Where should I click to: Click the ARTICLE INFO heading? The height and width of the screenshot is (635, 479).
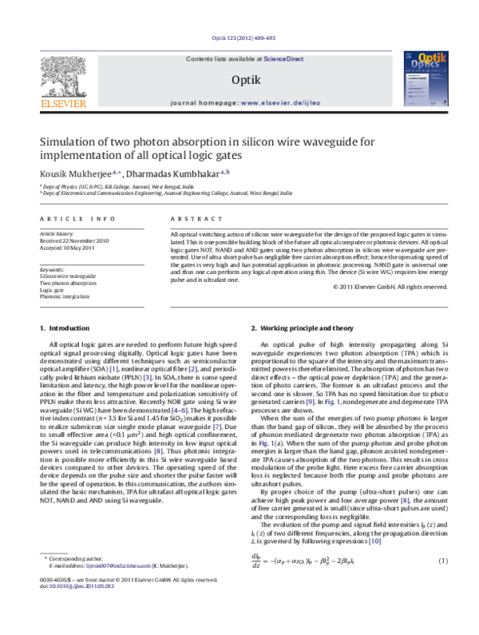(70, 217)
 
